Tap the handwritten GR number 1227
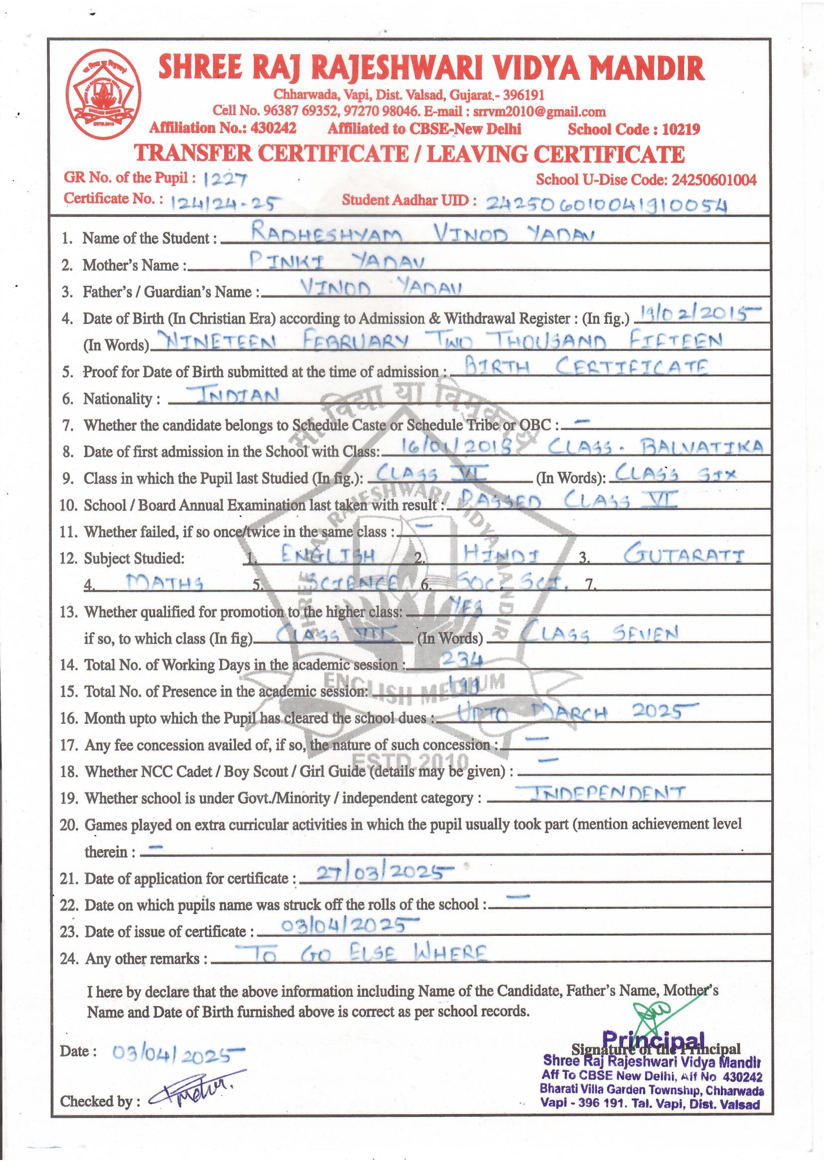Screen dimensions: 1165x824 coord(224,178)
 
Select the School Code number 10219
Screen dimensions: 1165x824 coord(681,130)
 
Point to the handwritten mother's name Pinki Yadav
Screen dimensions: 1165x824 coord(337,261)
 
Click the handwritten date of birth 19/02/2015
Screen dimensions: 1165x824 coord(698,315)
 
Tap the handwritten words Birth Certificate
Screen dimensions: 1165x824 coord(586,367)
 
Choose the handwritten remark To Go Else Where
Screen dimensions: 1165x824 coord(363,954)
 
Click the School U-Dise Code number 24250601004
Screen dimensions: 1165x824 coord(714,179)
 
